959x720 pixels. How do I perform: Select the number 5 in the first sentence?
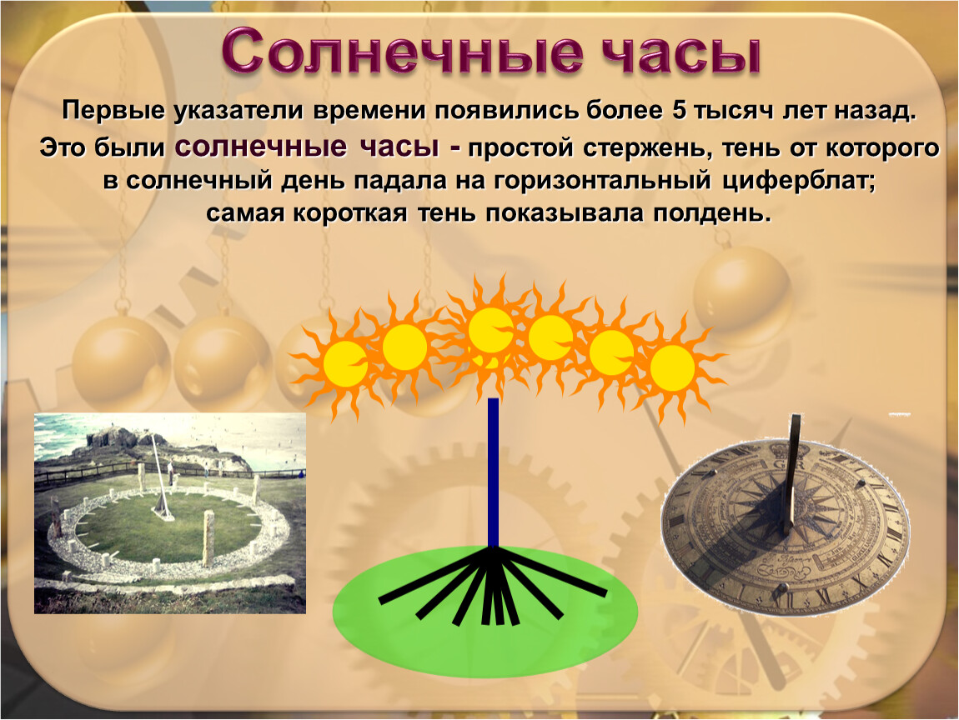click(x=678, y=111)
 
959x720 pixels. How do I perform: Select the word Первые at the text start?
click(x=113, y=111)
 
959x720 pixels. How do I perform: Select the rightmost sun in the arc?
click(x=672, y=367)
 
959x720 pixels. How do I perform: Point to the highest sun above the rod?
click(x=490, y=330)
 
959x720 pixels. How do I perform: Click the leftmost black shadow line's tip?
click(x=380, y=602)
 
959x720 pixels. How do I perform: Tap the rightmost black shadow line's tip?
click(x=605, y=592)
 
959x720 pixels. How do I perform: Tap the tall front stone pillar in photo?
click(x=208, y=539)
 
